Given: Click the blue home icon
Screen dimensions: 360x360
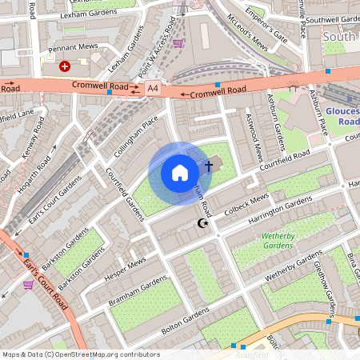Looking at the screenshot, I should click(x=180, y=172).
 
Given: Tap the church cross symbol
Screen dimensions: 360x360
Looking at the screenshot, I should click(x=209, y=166).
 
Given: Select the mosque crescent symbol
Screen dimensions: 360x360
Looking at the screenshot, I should click(x=202, y=224).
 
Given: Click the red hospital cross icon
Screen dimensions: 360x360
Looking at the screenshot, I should click(x=65, y=67).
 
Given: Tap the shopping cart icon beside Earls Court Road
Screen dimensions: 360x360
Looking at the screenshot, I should click(x=29, y=284).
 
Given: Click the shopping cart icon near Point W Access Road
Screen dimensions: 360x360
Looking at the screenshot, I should click(x=178, y=43).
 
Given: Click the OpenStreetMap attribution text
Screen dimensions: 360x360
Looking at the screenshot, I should click(x=81, y=354).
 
